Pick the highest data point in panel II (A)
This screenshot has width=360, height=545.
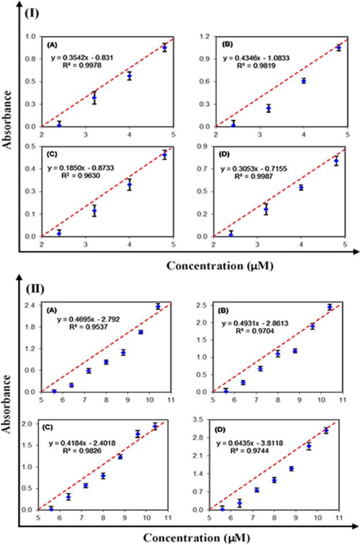158,307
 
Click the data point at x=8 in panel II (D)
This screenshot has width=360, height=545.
274,480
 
